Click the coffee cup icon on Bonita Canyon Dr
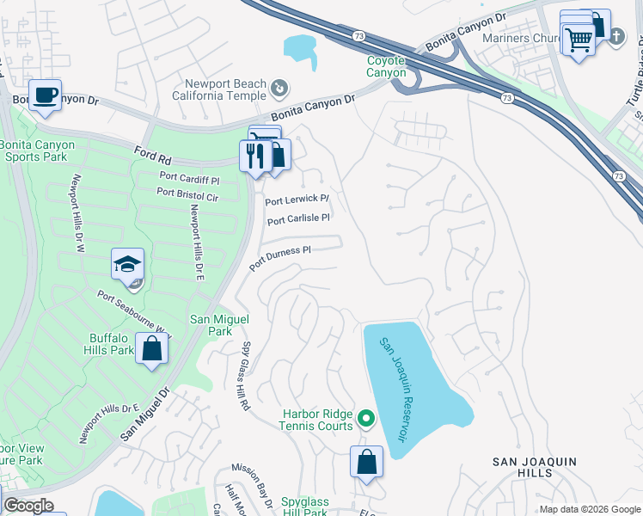pos(45,94)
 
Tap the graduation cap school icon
pos(127,263)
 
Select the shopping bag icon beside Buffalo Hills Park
pos(152,349)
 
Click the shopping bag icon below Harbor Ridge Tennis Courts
pos(367,461)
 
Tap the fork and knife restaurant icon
pos(254,156)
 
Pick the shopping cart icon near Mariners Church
pos(579,39)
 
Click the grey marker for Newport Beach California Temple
pos(279,88)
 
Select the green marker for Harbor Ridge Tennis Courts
pos(366,420)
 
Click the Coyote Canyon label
pos(387,66)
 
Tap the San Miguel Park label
pos(211,324)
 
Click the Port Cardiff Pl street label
pos(189,178)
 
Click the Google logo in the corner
pos(28,506)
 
